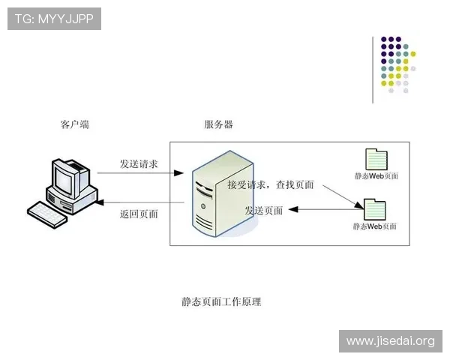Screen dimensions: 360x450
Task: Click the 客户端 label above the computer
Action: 74,124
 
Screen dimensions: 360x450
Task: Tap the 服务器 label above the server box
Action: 218,124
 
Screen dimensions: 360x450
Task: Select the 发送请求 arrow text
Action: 139,163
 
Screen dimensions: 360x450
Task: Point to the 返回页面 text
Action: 139,213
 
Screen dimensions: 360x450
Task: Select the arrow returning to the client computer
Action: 142,202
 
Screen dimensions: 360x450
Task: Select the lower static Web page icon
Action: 374,209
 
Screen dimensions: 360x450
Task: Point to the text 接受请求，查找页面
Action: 270,184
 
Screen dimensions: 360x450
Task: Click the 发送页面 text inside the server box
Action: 263,211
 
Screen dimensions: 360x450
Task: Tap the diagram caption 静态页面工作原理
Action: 221,301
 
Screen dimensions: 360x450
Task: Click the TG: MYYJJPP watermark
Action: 54,19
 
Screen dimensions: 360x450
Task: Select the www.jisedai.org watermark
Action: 390,341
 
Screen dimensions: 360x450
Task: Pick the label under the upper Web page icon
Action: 376,177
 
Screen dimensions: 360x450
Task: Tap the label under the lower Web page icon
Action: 375,226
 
